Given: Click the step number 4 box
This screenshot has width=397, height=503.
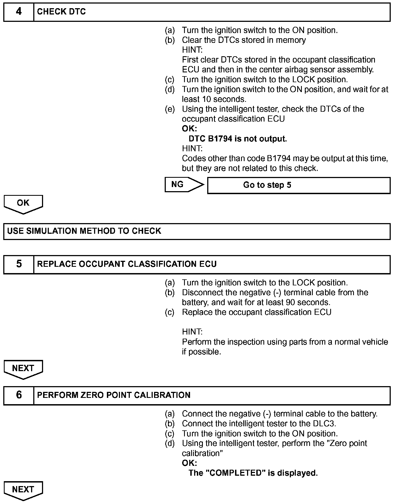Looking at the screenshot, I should coord(19,12).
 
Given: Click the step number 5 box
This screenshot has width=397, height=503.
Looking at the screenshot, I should coord(19,264).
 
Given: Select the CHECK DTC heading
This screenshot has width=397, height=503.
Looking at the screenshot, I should coord(61,12).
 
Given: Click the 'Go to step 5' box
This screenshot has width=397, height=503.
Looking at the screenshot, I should coord(299,185).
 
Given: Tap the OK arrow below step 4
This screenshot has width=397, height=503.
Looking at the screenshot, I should coord(23,203).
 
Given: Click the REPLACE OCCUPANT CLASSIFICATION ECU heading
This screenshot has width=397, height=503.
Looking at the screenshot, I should coord(127,264).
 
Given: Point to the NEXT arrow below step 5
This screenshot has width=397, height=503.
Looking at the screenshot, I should coord(23,369).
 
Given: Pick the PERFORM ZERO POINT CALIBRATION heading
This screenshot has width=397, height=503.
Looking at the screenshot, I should coord(114,395).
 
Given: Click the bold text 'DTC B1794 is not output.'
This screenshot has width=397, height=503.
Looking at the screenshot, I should coord(237,139).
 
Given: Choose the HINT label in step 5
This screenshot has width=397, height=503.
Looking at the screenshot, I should coord(192,332).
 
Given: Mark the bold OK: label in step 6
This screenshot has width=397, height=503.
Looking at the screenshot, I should coord(189,463).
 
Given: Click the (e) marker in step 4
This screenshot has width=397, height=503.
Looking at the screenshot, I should coord(170,109).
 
